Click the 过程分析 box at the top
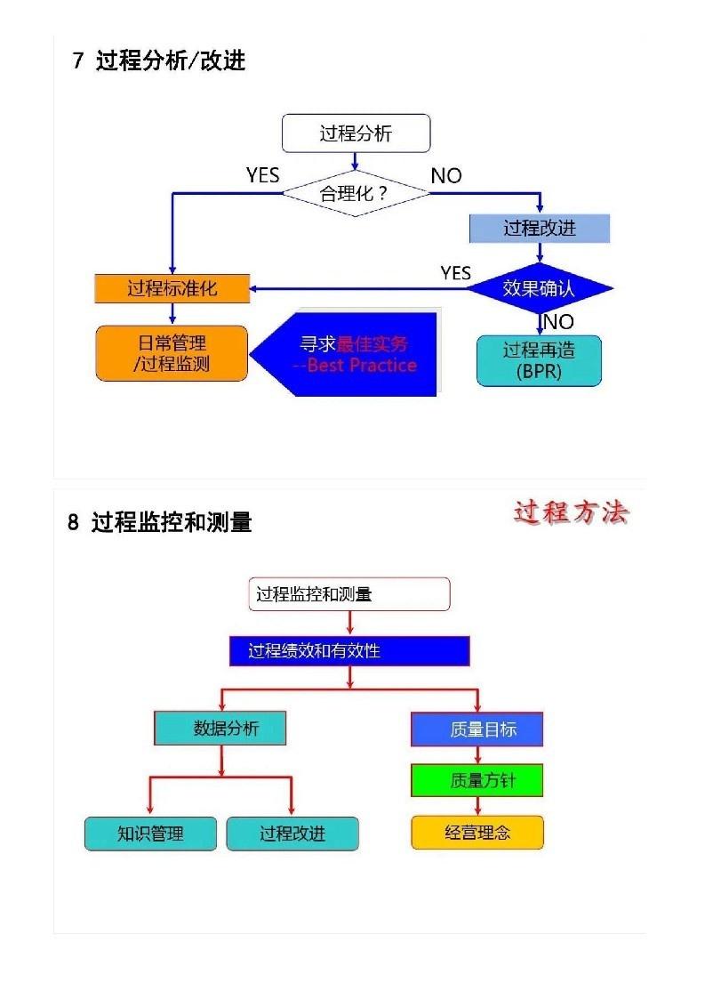click(356, 133)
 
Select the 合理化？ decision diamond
click(356, 192)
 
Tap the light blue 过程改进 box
click(540, 229)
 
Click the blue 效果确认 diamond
click(540, 288)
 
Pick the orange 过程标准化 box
click(172, 288)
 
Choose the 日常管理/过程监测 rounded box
click(172, 353)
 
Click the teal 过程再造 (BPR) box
click(539, 360)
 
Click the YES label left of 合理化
click(262, 175)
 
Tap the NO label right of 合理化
click(446, 176)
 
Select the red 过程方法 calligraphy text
click(571, 513)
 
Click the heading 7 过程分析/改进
click(159, 61)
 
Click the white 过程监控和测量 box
click(348, 594)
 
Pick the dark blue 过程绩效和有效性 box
click(348, 651)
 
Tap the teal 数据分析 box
click(220, 729)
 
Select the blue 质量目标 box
click(477, 729)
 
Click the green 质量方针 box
click(477, 781)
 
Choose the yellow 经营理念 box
click(477, 834)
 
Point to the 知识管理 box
click(150, 834)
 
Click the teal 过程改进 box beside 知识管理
click(292, 834)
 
